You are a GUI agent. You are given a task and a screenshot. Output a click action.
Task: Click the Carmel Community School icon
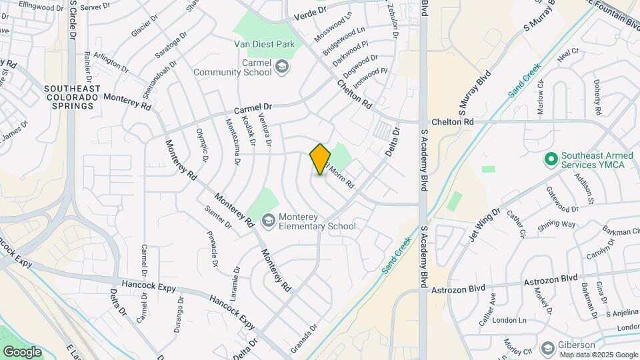coord(282,67)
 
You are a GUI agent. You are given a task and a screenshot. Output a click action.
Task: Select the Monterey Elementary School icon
coord(269,221)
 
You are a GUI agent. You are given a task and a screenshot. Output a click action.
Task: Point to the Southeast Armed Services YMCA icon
coord(551,159)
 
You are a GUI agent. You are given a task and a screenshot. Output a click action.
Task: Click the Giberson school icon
coord(548,349)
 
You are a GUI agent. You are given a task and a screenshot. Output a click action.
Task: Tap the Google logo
coord(22,351)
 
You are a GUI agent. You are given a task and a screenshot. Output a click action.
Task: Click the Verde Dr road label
coord(311,11)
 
